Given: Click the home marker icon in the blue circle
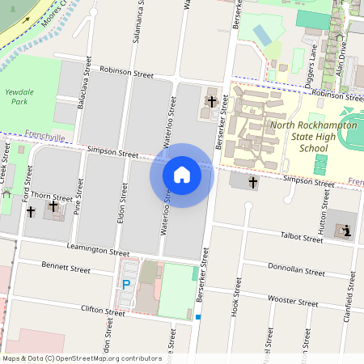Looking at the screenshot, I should (182, 175).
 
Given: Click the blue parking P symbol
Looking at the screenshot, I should (126, 284).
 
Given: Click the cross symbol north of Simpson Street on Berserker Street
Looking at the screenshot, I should (212, 102).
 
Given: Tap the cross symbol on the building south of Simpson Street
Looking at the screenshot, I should (252, 183).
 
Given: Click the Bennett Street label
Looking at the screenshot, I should (66, 268).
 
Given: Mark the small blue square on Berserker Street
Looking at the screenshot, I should (197, 317).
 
